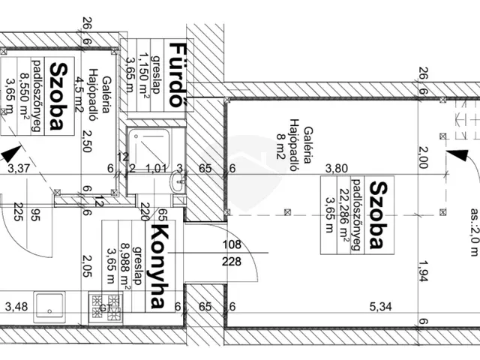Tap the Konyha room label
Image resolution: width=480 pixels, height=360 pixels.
pos(158,256)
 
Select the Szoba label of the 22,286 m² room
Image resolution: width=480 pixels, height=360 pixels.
pos(381,214)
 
